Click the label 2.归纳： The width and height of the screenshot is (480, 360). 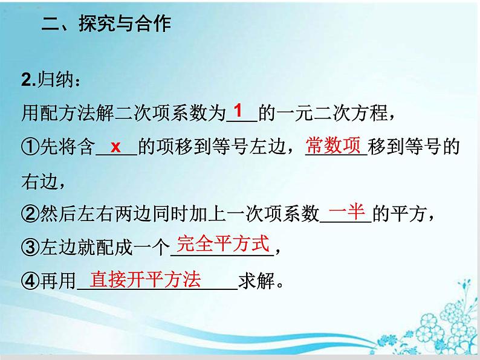pyautogui.click(x=49, y=80)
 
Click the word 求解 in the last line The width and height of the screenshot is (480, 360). pyautogui.click(x=258, y=281)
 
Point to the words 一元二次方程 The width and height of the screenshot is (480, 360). pyautogui.click(x=332, y=112)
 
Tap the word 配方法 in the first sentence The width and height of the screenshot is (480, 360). pyautogui.click(x=70, y=112)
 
